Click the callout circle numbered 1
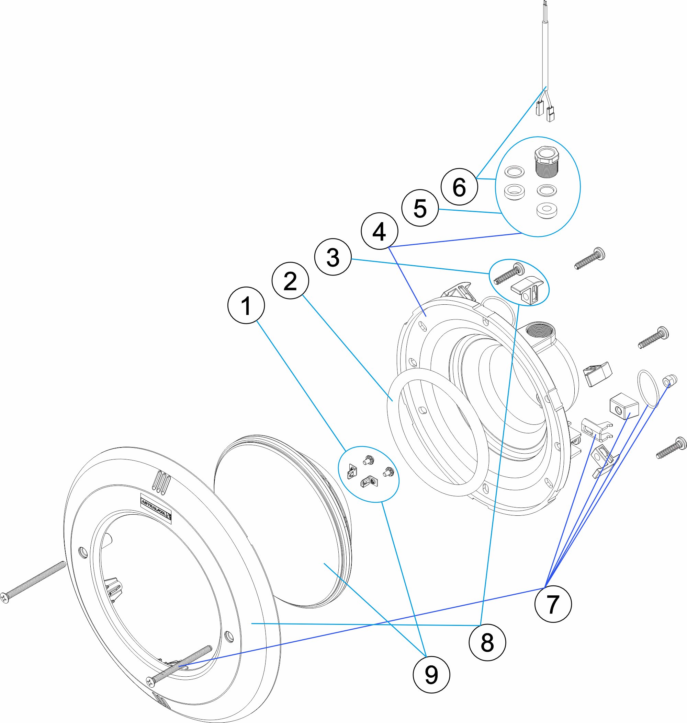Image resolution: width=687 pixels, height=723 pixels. tap(246, 305)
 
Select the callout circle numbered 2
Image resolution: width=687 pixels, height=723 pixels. tap(290, 281)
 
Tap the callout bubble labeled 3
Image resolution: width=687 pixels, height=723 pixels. tap(333, 257)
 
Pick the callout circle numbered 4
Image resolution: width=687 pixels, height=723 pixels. tap(379, 231)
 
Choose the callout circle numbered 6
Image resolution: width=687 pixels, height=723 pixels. tap(459, 187)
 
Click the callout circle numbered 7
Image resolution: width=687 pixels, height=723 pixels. tap(553, 604)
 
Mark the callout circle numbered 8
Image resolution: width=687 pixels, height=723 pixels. tap(487, 642)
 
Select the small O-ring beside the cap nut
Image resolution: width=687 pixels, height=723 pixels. tap(648, 389)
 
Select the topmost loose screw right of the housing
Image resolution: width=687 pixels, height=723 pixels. tap(589, 259)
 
